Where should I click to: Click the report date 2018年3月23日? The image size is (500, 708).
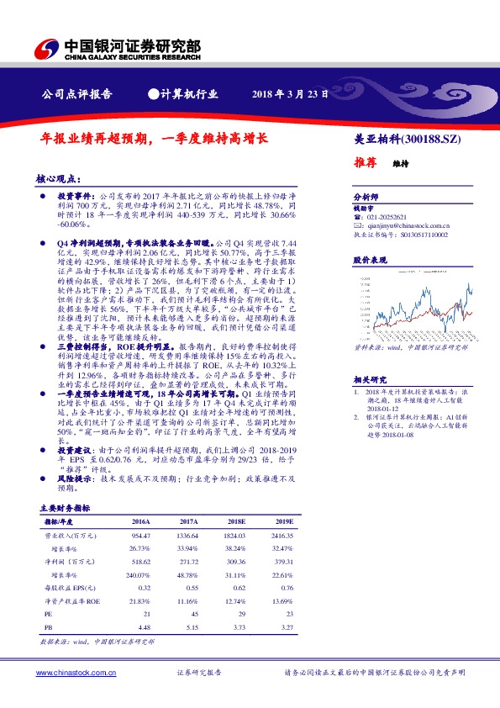pyautogui.click(x=290, y=93)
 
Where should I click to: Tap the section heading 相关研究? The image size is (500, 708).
pyautogui.click(x=366, y=379)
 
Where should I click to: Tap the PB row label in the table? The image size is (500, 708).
pyautogui.click(x=48, y=626)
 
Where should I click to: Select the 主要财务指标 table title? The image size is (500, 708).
pyautogui.click(x=66, y=509)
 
